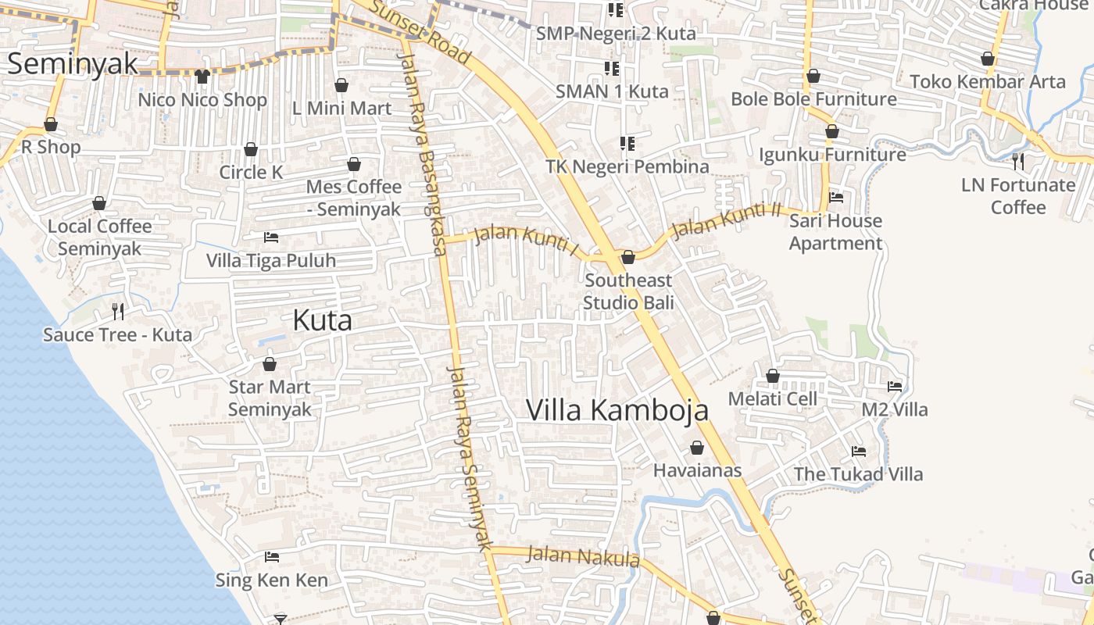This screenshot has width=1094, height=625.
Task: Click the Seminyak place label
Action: click(72, 63)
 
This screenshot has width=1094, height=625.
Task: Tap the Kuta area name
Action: click(322, 320)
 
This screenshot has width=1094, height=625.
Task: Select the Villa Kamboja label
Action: click(617, 410)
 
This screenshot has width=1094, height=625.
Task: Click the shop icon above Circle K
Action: click(251, 149)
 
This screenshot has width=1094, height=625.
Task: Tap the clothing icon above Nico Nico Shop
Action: click(202, 77)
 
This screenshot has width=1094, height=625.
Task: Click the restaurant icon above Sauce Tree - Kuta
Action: click(118, 312)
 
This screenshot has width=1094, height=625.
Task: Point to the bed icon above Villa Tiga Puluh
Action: click(271, 237)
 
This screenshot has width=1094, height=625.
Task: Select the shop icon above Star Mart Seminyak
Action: click(270, 364)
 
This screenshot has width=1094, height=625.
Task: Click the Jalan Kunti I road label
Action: click(528, 240)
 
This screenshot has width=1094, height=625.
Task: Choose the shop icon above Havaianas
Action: click(697, 448)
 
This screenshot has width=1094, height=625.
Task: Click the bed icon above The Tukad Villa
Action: click(858, 452)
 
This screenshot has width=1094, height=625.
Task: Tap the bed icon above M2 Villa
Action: click(895, 387)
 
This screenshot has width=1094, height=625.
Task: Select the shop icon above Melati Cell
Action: click(773, 377)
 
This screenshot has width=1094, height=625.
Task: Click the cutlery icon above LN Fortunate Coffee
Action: click(1018, 162)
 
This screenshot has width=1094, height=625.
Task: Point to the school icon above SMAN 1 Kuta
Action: click(611, 69)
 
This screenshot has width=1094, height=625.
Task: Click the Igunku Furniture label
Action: click(832, 155)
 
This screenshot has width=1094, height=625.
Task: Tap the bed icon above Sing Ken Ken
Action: click(271, 557)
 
